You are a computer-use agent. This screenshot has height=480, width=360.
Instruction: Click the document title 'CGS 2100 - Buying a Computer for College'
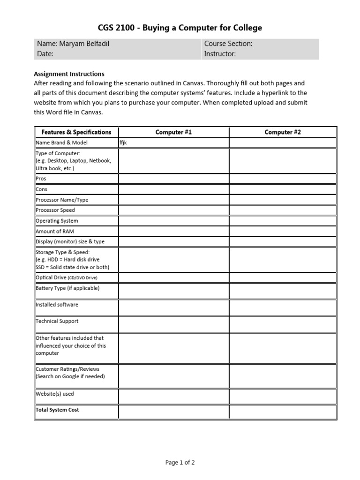180,28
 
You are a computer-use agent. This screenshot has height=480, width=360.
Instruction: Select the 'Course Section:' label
228,44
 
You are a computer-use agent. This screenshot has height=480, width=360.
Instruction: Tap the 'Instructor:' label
220,54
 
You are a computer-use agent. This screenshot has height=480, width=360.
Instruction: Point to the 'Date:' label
45,54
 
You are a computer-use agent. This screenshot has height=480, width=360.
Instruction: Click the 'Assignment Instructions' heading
69,74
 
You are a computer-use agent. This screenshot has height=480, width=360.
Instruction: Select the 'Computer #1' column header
173,132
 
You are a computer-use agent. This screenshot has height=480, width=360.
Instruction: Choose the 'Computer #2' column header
283,132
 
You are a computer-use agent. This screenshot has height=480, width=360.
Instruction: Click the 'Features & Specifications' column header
76,132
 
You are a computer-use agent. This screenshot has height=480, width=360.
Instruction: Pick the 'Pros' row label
41,179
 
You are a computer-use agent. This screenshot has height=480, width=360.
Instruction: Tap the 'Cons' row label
42,189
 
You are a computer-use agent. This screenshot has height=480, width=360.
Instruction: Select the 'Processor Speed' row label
55,210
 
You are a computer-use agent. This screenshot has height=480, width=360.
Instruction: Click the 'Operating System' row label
57,221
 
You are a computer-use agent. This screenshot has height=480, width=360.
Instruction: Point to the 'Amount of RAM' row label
55,231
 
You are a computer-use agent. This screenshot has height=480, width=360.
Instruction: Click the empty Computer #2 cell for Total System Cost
283,412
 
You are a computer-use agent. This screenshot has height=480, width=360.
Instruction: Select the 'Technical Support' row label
57,321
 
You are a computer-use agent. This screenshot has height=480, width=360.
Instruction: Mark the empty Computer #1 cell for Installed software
173,307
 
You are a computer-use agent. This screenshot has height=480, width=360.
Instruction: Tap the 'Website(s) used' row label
55,394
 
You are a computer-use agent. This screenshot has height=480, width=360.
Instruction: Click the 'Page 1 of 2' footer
180,462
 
